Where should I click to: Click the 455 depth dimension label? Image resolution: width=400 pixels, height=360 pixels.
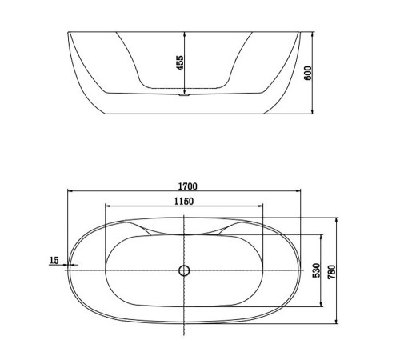point(180,62)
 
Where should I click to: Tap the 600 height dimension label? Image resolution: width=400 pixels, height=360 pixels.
point(307,73)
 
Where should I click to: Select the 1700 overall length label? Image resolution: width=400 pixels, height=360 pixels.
point(188,186)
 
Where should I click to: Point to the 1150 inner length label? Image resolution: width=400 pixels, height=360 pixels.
point(184,202)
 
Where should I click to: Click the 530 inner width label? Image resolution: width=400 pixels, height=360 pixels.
point(316,270)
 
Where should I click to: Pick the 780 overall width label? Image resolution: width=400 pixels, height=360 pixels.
point(332,272)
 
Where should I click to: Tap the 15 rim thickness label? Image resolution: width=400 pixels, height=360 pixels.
point(54,260)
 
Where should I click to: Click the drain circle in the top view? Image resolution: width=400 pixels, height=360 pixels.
point(184,270)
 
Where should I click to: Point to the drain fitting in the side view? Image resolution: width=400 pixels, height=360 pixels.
point(184,94)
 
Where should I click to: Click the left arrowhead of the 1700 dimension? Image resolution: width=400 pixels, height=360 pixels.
point(70,190)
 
